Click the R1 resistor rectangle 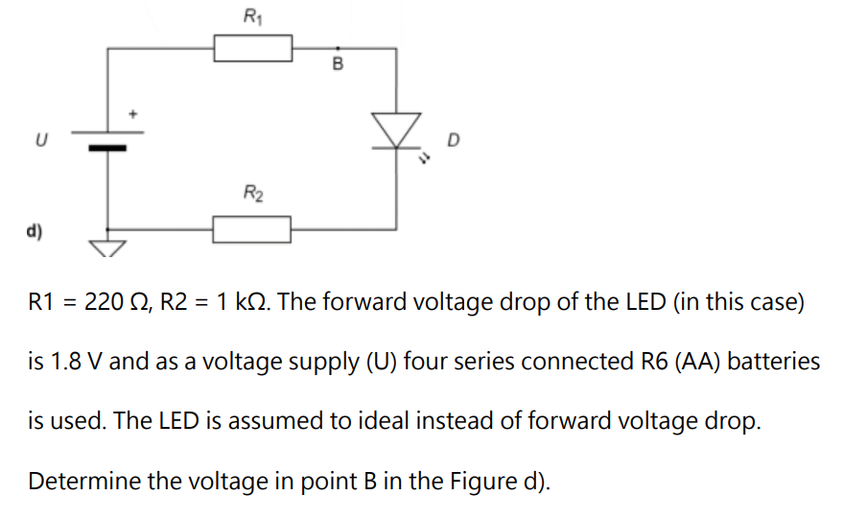tap(252, 47)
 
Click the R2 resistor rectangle tap(251, 229)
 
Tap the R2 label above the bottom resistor tap(251, 195)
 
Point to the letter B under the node tap(337, 64)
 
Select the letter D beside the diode tap(453, 142)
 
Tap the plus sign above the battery tap(134, 113)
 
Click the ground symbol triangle tap(107, 248)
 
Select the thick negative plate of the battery tap(107, 148)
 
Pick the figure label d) tap(35, 231)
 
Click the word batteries tap(774, 363)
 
